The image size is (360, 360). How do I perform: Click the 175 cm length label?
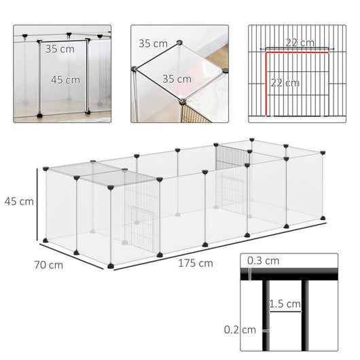pyautogui.click(x=196, y=262)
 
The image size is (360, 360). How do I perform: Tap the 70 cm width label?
pyautogui.click(x=48, y=264)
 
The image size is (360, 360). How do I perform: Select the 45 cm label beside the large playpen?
pyautogui.click(x=18, y=201)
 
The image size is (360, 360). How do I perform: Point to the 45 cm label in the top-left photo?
pyautogui.click(x=65, y=79)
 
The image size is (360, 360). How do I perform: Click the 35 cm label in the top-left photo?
pyautogui.click(x=60, y=49)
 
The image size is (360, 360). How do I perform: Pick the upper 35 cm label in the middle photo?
pyautogui.click(x=152, y=43)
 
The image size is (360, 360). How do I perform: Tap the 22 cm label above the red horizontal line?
pyautogui.click(x=300, y=43)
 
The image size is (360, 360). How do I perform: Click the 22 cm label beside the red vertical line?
pyautogui.click(x=285, y=83)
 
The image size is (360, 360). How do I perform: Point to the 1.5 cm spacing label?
pyautogui.click(x=285, y=303)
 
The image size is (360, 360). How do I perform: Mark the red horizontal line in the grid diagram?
pyautogui.click(x=297, y=50)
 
